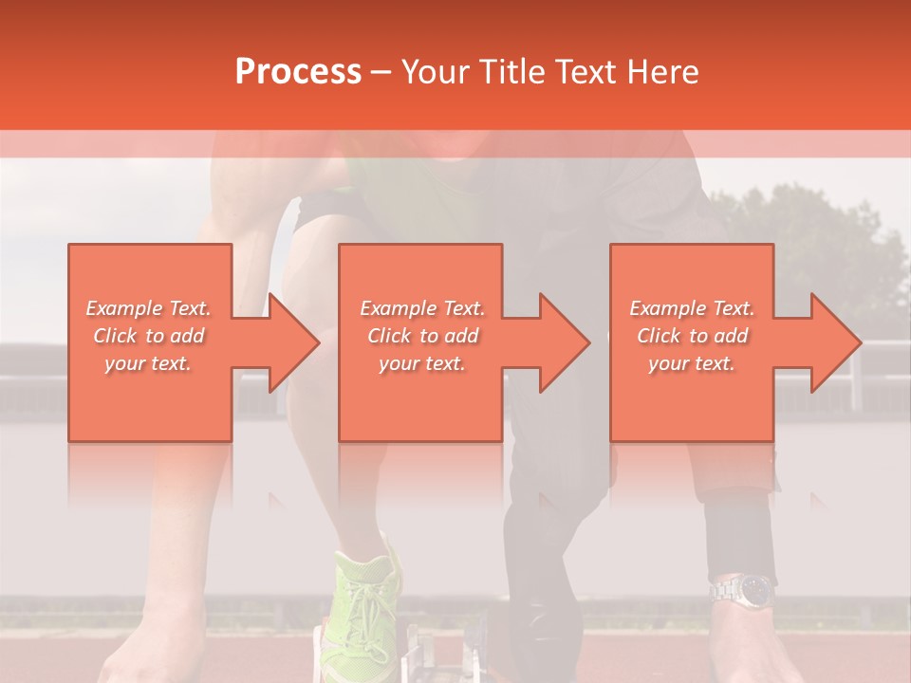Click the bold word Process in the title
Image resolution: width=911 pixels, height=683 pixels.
(x=298, y=71)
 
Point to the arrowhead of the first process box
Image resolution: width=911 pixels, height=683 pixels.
(x=294, y=342)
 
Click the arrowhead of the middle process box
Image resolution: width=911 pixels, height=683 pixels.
(x=565, y=342)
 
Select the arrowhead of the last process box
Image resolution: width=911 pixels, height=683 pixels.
(x=835, y=342)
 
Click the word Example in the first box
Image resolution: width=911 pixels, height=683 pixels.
(x=123, y=308)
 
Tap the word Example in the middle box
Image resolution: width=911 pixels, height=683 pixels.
(x=398, y=308)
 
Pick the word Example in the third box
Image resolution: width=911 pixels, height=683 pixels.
(x=667, y=308)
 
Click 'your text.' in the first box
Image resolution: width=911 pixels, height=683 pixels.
(x=149, y=363)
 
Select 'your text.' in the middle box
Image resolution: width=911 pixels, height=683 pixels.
(x=422, y=363)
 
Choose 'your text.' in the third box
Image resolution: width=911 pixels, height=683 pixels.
(x=692, y=363)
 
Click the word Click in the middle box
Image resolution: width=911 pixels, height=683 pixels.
(x=389, y=336)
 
